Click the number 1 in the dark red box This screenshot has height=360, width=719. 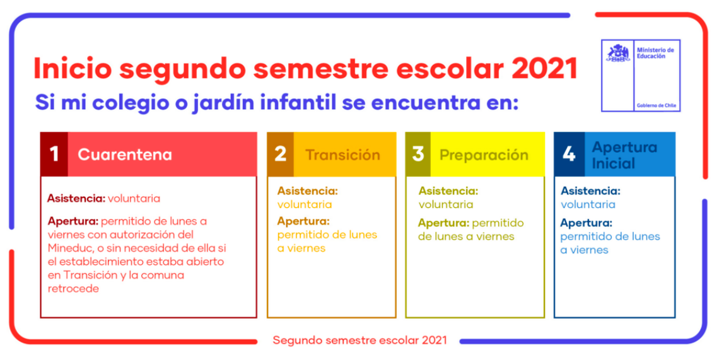[x=54, y=154]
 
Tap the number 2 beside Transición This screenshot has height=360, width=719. [x=280, y=154]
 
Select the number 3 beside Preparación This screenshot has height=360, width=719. [x=418, y=154]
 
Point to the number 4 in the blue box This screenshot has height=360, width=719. [x=569, y=154]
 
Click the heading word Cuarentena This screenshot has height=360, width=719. [x=125, y=154]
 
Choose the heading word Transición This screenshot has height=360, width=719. [x=342, y=155]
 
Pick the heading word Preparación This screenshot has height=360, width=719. [x=484, y=156]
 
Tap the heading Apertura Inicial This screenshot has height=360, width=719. [x=624, y=155]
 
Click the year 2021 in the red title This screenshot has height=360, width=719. [x=544, y=69]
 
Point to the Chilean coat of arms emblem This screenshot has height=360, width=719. [x=618, y=53]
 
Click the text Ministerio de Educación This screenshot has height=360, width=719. [x=655, y=53]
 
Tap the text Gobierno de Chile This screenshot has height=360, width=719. [x=656, y=105]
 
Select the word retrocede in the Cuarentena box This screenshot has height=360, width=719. [x=73, y=289]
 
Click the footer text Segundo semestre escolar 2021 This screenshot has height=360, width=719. [x=359, y=340]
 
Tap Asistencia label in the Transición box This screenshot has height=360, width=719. [x=307, y=191]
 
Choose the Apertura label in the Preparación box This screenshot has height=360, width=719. [x=443, y=223]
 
